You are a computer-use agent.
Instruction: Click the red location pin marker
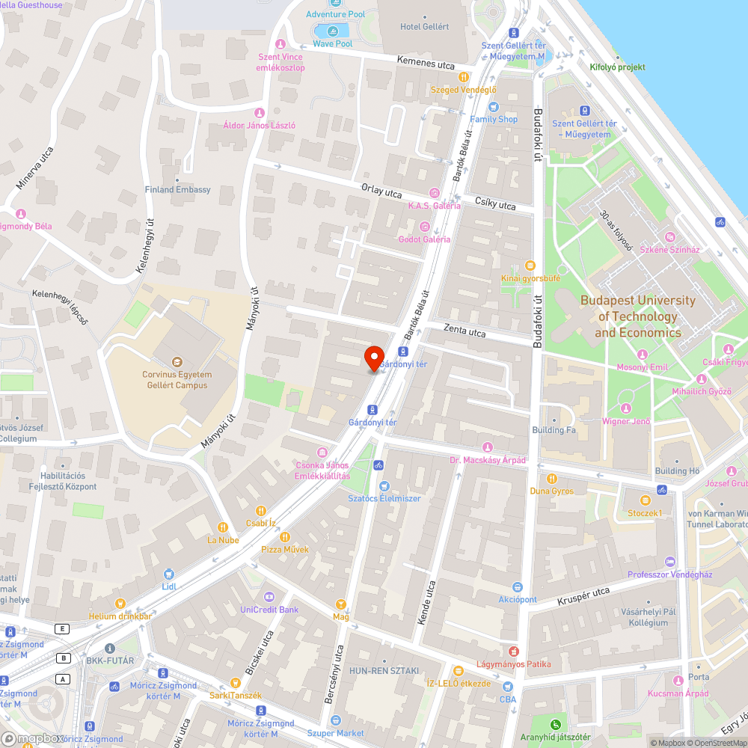tap(374, 358)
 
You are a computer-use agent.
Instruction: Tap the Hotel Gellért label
tap(425, 27)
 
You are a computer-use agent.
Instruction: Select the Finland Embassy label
tap(178, 190)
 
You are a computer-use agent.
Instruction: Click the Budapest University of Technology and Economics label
tap(638, 316)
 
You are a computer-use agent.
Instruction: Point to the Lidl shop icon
tap(169, 574)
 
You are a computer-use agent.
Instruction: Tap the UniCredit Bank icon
tap(269, 597)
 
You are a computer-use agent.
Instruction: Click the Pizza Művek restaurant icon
tap(284, 537)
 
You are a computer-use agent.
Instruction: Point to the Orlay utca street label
tap(381, 192)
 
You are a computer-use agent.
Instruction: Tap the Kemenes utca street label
tap(426, 64)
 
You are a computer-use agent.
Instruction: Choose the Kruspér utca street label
tap(583, 596)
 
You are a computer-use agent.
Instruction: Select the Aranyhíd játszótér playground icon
tap(555, 724)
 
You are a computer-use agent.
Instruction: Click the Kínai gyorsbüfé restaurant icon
tap(530, 266)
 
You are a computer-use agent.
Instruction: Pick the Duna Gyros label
tap(552, 491)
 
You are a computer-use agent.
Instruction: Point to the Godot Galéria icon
tap(425, 227)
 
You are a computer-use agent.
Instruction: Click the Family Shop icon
tap(494, 107)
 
